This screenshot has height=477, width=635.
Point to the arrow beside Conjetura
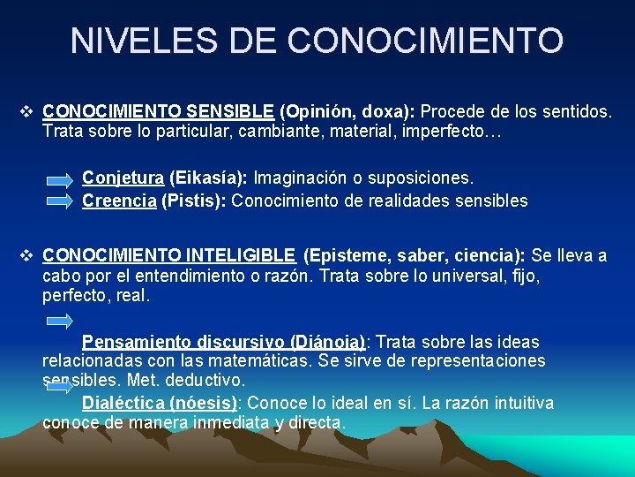click(x=60, y=180)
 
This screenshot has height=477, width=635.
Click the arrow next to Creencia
click(x=60, y=201)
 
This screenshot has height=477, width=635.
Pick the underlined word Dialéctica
click(x=123, y=403)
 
